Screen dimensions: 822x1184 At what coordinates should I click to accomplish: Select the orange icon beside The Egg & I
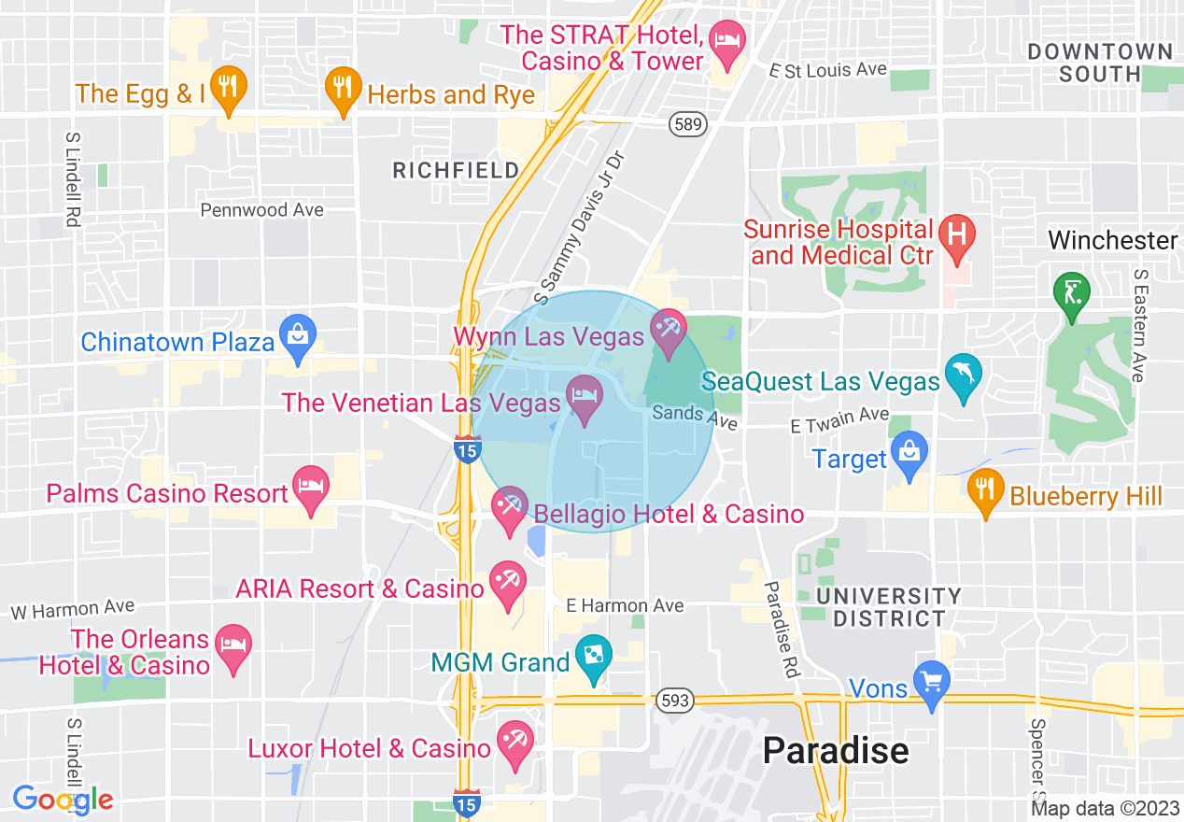(x=227, y=87)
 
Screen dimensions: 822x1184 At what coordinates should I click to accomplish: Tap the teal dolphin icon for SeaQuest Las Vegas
(x=963, y=375)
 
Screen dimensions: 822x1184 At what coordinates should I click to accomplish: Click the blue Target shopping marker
(x=908, y=452)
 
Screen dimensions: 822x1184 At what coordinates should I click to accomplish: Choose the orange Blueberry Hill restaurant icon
(x=983, y=489)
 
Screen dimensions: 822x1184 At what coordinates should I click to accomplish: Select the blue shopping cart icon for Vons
(x=931, y=683)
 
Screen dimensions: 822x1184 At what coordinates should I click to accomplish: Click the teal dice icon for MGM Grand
(x=593, y=656)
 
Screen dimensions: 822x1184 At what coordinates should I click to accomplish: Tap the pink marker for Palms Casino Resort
(x=311, y=487)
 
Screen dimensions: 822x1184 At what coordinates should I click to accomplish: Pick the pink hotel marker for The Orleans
(x=233, y=645)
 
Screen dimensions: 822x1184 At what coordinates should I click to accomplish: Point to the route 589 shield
(x=687, y=123)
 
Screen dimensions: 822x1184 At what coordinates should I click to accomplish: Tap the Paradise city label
(x=835, y=751)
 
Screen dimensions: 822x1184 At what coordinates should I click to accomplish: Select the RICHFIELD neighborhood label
(x=456, y=170)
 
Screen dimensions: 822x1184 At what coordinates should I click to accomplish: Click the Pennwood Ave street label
(x=262, y=210)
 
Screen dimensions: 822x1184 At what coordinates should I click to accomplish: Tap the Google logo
(x=63, y=800)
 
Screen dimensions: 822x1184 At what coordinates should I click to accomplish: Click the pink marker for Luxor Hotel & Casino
(x=514, y=742)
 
